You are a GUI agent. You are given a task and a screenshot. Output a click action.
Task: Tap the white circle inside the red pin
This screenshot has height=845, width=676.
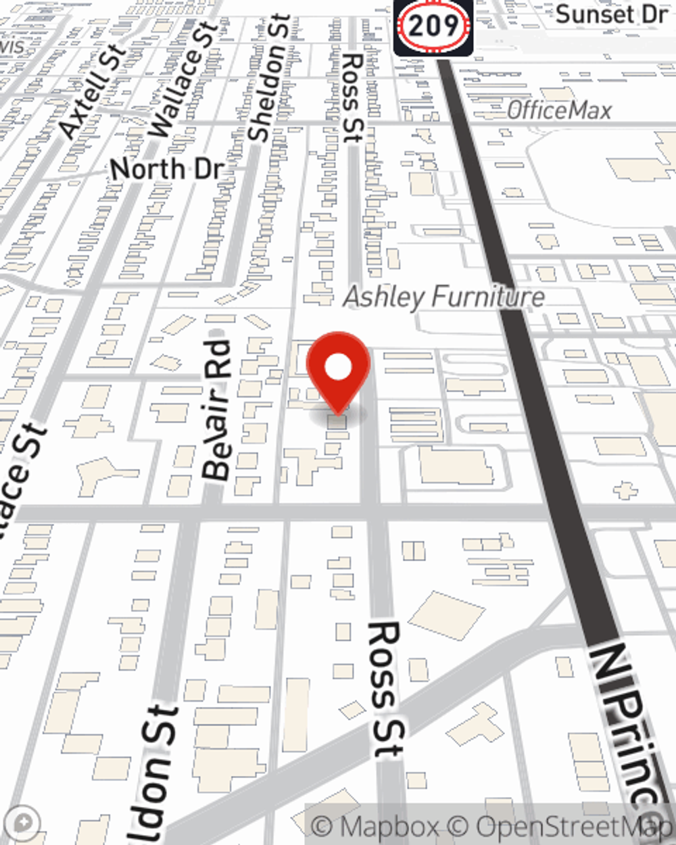338,368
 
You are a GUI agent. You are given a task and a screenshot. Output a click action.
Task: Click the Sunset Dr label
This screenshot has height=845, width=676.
611,14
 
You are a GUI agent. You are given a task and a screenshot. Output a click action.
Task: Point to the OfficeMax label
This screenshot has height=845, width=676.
559,110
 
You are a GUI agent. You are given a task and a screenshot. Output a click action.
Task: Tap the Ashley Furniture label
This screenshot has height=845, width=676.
444,297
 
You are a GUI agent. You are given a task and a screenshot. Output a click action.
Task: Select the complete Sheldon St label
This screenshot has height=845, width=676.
268,78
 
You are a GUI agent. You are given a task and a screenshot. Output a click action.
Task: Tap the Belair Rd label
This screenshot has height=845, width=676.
218,409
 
